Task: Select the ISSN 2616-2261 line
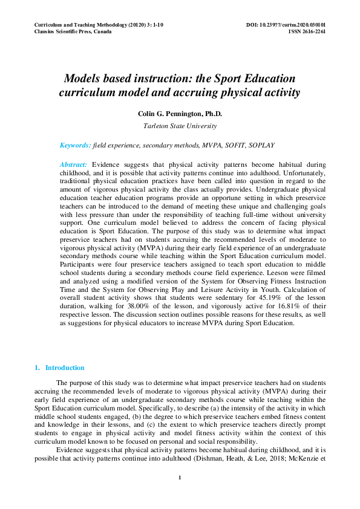click(307, 31)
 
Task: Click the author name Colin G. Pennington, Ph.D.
click(180, 114)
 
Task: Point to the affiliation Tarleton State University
click(180, 126)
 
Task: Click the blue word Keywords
click(75, 146)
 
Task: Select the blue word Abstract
click(73, 164)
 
